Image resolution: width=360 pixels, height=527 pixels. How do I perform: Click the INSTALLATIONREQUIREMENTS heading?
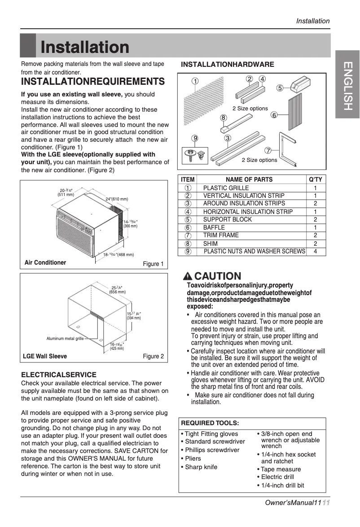point(93,82)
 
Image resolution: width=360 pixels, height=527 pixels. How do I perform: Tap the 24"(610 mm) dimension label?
point(117,199)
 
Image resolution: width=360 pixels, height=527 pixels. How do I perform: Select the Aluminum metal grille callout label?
point(65,339)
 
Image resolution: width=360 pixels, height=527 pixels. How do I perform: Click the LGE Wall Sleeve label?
point(45,357)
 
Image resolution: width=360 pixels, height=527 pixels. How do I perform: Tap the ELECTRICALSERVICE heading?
point(59,375)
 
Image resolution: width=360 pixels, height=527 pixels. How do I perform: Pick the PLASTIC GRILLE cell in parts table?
point(226,188)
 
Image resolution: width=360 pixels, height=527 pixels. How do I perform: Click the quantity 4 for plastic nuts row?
point(316,252)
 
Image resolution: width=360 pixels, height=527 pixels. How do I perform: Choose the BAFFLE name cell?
point(214,227)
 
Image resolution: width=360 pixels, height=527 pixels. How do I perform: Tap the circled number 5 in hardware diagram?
point(279,88)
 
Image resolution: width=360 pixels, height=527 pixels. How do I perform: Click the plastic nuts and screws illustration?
point(194,155)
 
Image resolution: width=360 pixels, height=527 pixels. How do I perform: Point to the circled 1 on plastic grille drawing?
point(195,82)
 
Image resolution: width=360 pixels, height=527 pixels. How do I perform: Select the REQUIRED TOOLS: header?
point(210,423)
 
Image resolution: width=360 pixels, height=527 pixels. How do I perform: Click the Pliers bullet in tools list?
point(193,458)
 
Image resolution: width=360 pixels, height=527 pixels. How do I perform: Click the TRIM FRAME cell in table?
point(221,235)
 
